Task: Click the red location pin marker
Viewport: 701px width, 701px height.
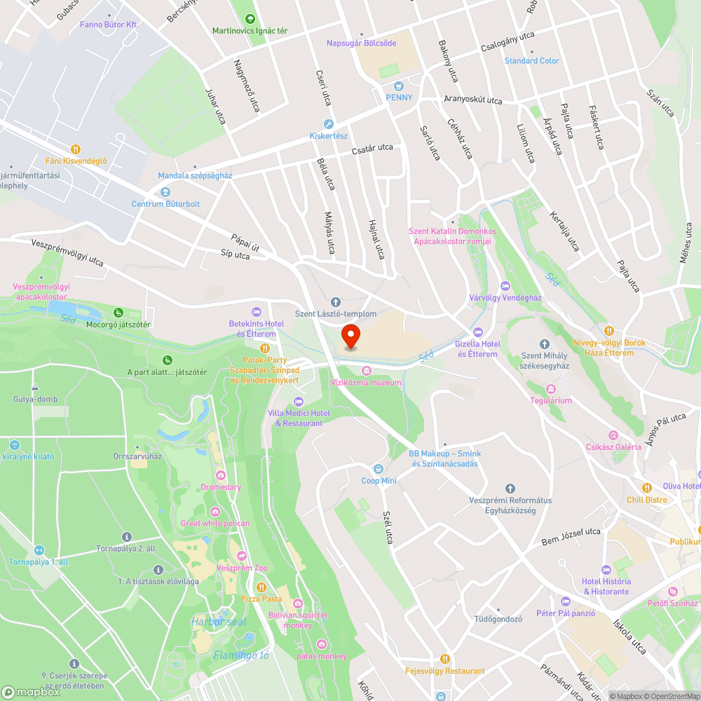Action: (350, 336)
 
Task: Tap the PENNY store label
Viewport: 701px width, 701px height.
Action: (398, 97)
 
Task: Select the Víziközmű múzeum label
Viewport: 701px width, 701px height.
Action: (366, 383)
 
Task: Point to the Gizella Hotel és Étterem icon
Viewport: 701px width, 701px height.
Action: (477, 332)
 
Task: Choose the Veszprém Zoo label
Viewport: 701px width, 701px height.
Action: (242, 568)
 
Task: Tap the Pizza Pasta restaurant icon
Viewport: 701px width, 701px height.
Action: (261, 587)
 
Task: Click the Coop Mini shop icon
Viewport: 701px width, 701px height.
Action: (379, 468)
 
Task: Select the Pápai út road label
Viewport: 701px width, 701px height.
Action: (246, 238)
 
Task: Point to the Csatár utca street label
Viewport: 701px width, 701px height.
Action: (372, 148)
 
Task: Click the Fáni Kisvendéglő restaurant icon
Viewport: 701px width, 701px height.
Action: (76, 149)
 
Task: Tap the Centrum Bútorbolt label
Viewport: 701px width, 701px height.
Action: (165, 204)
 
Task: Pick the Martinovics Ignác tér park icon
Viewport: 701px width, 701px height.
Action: (250, 19)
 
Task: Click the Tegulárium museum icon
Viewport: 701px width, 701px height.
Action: (550, 388)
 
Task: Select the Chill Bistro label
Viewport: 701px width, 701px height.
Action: (646, 500)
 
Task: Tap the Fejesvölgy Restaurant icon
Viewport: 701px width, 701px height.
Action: (444, 659)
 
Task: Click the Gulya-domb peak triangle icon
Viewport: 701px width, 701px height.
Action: (34, 387)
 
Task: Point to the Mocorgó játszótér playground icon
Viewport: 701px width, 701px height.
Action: (118, 313)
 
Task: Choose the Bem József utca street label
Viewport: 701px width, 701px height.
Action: (571, 536)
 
